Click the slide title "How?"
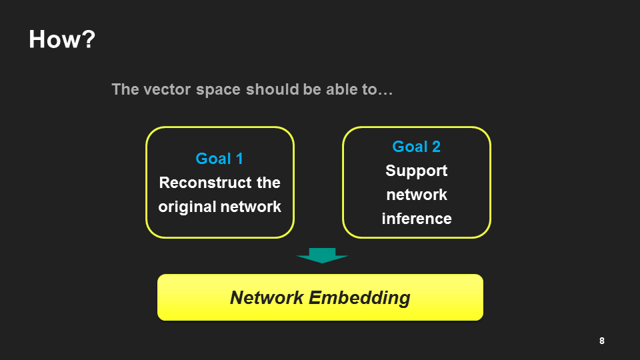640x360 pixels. [x=62, y=40]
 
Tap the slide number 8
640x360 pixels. [x=602, y=341]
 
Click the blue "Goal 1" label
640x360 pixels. [x=219, y=159]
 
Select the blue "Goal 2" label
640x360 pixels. [x=416, y=147]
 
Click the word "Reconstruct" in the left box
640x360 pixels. [x=196, y=183]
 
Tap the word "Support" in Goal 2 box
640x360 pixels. [x=416, y=171]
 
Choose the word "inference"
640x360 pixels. [x=416, y=219]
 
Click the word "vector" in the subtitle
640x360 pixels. [x=165, y=89]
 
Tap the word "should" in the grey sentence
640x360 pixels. [x=266, y=89]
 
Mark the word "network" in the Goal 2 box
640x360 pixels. [x=416, y=195]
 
